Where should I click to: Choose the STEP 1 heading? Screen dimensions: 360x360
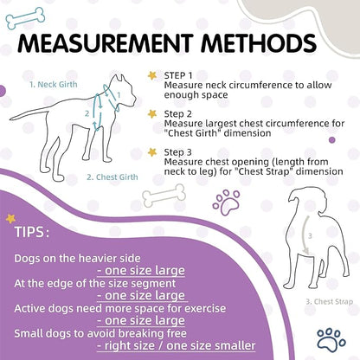tap(179, 76)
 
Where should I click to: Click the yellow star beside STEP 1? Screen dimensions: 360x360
tap(152, 75)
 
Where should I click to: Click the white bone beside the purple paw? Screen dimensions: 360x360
tap(164, 196)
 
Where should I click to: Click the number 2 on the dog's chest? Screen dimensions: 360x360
tap(86, 112)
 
